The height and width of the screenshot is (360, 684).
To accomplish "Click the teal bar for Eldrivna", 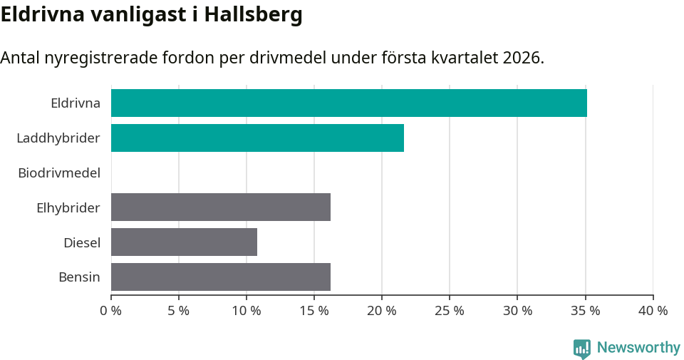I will pos(349,103).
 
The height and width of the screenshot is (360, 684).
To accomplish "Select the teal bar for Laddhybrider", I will pos(257,138).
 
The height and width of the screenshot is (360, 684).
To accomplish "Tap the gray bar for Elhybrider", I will pos(221,207).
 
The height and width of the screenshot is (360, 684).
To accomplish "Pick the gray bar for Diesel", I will pos(184,242).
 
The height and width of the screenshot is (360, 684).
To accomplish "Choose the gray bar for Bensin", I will pos(221,277).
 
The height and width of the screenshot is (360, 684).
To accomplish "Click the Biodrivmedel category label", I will pos(59,173).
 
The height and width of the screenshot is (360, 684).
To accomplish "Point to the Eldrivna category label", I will pos(76,103).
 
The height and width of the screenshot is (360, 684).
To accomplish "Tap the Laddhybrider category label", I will pos(58,138).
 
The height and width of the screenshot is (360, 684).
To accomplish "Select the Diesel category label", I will pos(82,242).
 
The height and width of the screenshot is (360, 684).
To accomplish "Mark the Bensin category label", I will pos(79,277).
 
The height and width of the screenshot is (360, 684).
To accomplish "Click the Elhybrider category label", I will pos(68,207).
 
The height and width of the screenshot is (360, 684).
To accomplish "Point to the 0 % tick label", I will pos(111,311).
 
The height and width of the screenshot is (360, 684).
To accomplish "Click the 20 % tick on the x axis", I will pos(382,311).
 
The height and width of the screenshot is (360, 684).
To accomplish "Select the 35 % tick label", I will pos(585,311).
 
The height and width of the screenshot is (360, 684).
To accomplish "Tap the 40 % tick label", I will pos(653,311).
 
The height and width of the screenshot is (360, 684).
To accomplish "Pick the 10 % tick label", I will pos(247,311).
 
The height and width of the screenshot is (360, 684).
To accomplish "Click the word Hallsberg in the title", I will pos(253,14).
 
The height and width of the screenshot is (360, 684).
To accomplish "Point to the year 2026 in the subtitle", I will pos(522,58).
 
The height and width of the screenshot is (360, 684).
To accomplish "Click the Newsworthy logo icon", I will pos(582,348).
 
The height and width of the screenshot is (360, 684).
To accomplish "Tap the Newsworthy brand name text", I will pos(638,348).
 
